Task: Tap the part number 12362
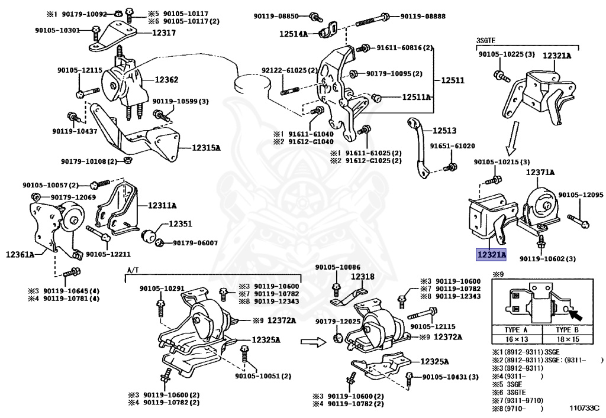coord(166,79)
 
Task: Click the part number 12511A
coord(417,97)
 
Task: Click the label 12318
coord(363,276)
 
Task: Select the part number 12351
coord(180,224)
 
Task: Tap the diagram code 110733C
coord(584,407)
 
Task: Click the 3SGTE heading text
coord(485,41)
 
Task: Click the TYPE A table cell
coord(516,329)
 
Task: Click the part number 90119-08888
coord(423,16)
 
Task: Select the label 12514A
coord(294,34)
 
